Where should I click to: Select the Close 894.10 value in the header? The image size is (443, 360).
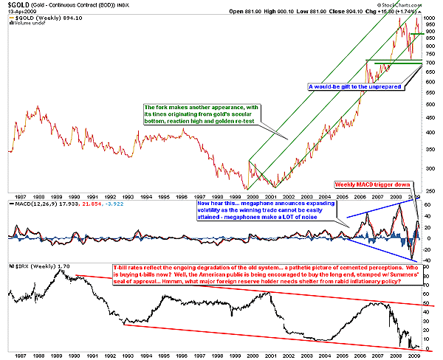(x=367, y=11)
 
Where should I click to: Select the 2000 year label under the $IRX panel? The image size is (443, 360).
(x=254, y=353)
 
